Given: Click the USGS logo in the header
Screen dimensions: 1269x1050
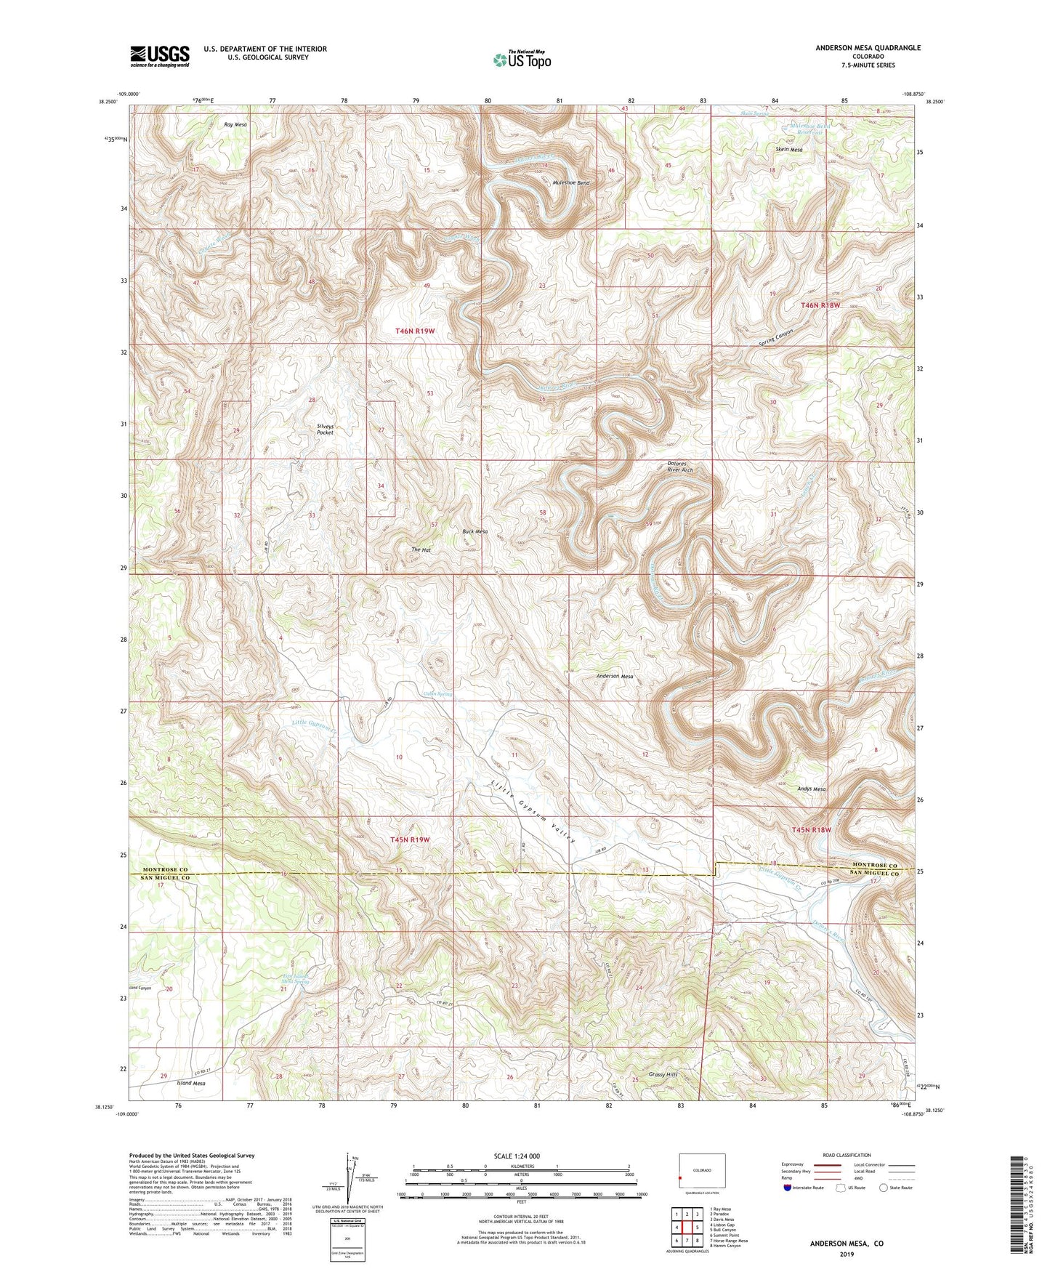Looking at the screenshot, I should click(x=160, y=56).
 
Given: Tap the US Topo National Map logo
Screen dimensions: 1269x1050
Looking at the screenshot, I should click(x=522, y=60).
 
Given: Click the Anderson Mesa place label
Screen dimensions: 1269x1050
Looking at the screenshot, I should click(x=615, y=676).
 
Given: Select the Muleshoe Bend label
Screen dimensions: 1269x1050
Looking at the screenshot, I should click(x=570, y=183).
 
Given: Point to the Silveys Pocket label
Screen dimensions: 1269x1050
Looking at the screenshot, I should click(x=325, y=429).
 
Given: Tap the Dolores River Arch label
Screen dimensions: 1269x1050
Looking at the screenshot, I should click(x=680, y=467).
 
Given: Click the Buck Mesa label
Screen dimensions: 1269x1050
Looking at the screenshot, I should click(x=475, y=531).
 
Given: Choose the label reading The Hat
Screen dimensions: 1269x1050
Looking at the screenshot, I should click(x=421, y=550).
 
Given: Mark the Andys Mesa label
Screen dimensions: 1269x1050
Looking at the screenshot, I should click(x=811, y=789).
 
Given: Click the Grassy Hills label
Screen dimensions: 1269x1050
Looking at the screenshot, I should click(x=663, y=1074).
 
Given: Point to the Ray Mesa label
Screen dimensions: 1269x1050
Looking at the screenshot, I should click(x=235, y=125).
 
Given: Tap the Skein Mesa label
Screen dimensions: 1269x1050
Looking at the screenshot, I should click(x=789, y=149).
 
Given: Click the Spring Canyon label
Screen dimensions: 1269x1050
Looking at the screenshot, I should click(x=778, y=337).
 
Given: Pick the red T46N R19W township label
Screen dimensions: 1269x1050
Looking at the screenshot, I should click(x=414, y=331).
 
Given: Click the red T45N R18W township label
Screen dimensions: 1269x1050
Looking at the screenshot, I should click(x=811, y=829).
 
